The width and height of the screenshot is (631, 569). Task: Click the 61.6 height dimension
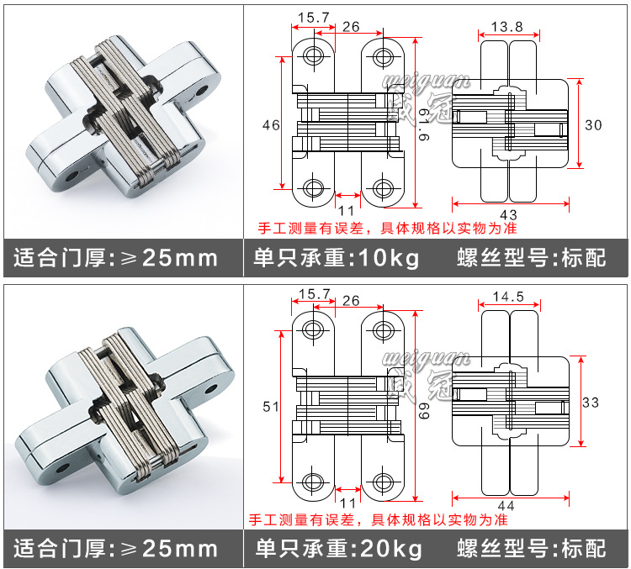pyautogui.click(x=424, y=125)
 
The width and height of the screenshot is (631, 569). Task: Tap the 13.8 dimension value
pyautogui.click(x=507, y=27)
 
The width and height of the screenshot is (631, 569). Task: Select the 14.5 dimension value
pyautogui.click(x=509, y=297)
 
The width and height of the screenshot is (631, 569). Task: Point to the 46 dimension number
pyautogui.click(x=271, y=125)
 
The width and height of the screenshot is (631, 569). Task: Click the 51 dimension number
pyautogui.click(x=271, y=407)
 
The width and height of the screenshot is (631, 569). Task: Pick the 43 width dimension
pyautogui.click(x=509, y=214)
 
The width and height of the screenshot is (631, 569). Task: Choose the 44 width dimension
pyautogui.click(x=506, y=505)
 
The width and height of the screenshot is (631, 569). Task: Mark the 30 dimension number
pyautogui.click(x=593, y=125)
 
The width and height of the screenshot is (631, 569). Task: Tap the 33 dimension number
pyautogui.click(x=591, y=403)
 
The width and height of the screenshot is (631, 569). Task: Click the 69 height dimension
pyautogui.click(x=424, y=411)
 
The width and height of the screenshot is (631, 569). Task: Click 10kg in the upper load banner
pyautogui.click(x=389, y=258)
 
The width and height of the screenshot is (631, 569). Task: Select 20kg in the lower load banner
pyautogui.click(x=390, y=549)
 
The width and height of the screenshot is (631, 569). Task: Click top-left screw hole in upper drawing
pyautogui.click(x=314, y=55)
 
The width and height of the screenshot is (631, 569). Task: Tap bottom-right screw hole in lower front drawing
pyautogui.click(x=383, y=482)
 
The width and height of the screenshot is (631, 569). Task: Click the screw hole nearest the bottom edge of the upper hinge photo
pyautogui.click(x=72, y=176)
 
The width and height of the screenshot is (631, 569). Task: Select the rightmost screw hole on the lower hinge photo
pyautogui.click(x=211, y=389)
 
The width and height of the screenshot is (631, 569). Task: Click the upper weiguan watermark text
pyautogui.click(x=427, y=80)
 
